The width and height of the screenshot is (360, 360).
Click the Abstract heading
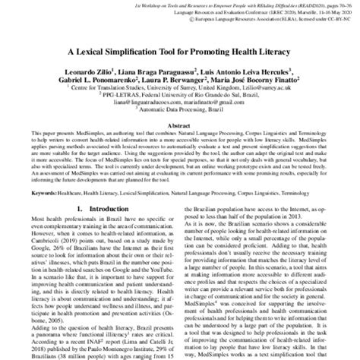[180, 128]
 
